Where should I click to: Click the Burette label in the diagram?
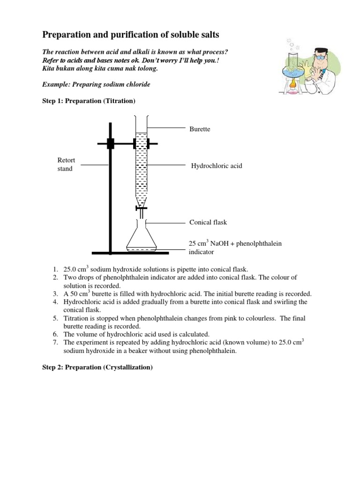[200, 129]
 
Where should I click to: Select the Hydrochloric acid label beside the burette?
[217, 166]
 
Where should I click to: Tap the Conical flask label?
[208, 222]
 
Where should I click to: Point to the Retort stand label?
[66, 165]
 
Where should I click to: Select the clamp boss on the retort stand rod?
[111, 143]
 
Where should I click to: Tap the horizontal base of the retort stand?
[130, 253]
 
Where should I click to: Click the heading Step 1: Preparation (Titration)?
[89, 101]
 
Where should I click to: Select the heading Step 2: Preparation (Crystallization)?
[97, 368]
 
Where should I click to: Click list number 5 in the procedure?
[55, 318]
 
